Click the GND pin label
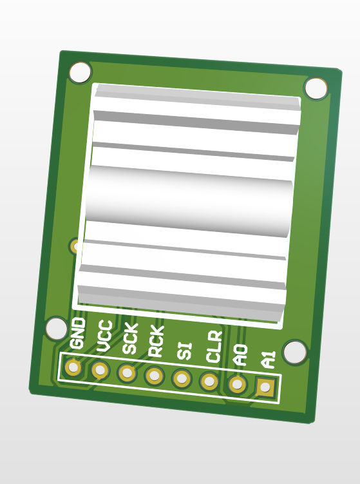[x=77, y=334]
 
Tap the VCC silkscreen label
[x=104, y=336]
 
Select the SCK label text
[x=130, y=338]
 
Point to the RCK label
[x=156, y=342]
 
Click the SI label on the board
[x=185, y=351]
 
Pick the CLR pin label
[x=214, y=347]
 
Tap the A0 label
[x=241, y=355]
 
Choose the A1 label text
[x=268, y=359]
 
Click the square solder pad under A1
[x=265, y=387]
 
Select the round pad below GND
[x=73, y=367]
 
